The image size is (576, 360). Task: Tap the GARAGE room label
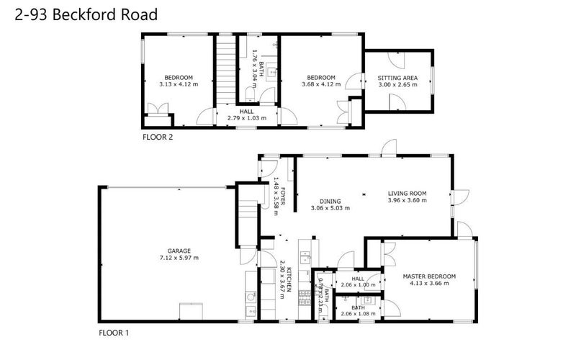coord(179,251)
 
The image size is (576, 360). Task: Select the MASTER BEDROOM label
coord(428,276)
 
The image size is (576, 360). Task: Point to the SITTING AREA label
coord(397,78)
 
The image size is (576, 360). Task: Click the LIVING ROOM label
coord(408,193)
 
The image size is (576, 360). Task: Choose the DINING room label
coord(330,201)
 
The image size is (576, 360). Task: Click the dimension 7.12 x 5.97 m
coord(179,258)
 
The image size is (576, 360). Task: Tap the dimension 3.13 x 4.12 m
coord(179,85)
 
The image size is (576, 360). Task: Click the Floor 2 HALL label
coord(247,111)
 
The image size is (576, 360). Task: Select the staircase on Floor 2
coord(228,68)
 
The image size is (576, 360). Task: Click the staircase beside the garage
coord(246,216)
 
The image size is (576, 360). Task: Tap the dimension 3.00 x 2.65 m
coord(397,85)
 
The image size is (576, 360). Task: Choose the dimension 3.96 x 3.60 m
coord(408,201)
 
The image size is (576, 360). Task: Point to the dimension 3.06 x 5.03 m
coord(330,209)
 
